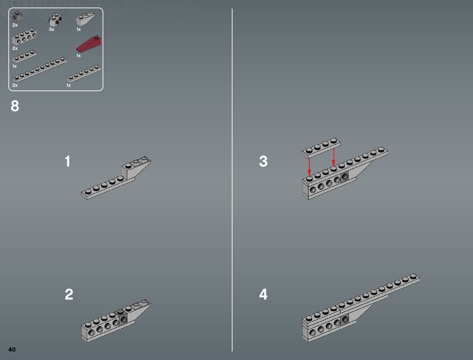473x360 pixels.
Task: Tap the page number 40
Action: (x=12, y=349)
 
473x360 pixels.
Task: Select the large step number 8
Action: (x=15, y=106)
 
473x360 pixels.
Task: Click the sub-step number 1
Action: (x=68, y=161)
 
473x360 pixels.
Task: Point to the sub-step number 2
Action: (x=69, y=294)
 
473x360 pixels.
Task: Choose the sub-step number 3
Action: (x=263, y=161)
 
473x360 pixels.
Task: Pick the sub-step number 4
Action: (x=263, y=294)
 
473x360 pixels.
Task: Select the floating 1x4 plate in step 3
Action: (x=321, y=148)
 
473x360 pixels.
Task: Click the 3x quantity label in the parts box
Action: (x=51, y=30)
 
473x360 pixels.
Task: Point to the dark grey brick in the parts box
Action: (x=17, y=17)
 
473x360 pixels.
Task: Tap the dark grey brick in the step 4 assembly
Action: (x=344, y=319)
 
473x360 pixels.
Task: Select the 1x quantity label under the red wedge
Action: (x=79, y=56)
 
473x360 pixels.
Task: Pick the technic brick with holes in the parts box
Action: (x=24, y=38)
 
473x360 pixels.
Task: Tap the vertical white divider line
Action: (x=232, y=181)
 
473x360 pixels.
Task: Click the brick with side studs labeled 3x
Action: (x=56, y=20)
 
